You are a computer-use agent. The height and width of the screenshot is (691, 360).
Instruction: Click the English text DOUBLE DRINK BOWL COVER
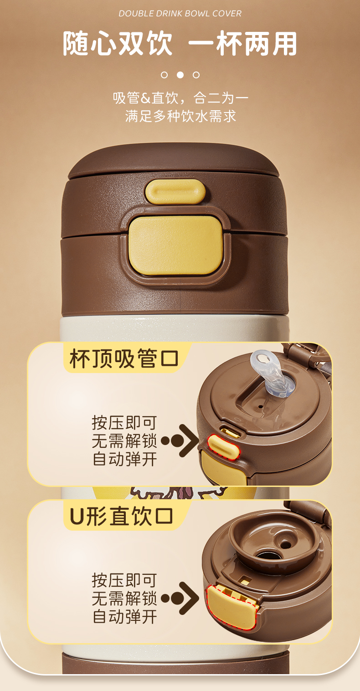tap(180, 14)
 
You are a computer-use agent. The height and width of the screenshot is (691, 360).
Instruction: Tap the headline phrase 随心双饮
tap(118, 43)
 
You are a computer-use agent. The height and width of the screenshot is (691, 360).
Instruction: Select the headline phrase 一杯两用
tap(242, 43)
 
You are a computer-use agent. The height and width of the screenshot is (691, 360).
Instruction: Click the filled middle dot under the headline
tap(180, 75)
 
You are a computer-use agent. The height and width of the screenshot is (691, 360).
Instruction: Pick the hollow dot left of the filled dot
tap(164, 75)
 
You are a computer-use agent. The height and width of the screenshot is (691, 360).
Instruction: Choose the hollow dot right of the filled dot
tap(196, 75)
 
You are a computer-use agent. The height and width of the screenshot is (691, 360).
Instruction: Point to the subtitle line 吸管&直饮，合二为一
tap(180, 98)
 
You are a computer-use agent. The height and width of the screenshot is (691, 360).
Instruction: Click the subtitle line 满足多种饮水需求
tap(180, 116)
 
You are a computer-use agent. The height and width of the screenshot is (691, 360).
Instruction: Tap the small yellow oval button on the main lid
tap(175, 192)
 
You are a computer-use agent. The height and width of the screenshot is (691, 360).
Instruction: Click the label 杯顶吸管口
tap(124, 358)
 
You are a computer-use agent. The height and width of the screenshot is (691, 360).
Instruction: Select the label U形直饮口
tap(122, 516)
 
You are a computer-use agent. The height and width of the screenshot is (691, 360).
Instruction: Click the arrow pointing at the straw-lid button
tap(180, 440)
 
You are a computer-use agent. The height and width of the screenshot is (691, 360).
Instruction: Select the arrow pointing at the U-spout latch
tap(180, 598)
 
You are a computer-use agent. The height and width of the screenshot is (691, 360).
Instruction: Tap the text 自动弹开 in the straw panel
tap(125, 459)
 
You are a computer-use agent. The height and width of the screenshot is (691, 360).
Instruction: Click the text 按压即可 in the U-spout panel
tap(124, 580)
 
